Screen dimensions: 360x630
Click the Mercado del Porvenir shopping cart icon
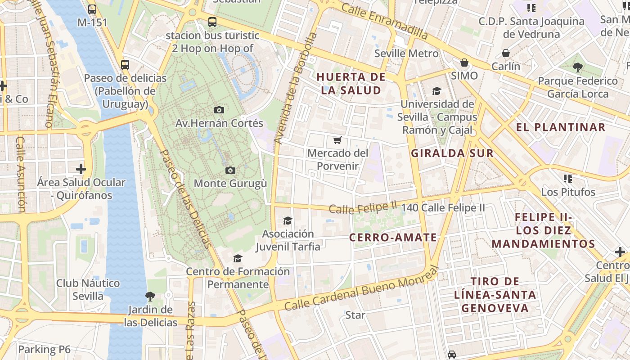(337, 140)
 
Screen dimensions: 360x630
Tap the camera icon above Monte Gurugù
(230, 170)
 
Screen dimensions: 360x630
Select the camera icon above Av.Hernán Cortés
(219, 110)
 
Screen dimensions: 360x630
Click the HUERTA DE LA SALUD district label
(351, 83)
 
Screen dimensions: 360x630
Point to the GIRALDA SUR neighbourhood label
(452, 153)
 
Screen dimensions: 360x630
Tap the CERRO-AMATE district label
(393, 237)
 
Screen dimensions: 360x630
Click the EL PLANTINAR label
(561, 127)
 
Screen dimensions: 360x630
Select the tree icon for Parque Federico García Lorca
(578, 67)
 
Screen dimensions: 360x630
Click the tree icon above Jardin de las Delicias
(150, 296)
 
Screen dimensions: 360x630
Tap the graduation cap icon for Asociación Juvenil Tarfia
(288, 220)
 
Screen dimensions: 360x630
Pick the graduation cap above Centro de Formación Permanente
(238, 258)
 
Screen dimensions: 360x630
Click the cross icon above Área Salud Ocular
(81, 169)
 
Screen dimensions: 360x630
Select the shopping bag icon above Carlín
(506, 53)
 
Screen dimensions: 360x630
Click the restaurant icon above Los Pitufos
(568, 179)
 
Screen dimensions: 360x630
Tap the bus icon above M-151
(92, 9)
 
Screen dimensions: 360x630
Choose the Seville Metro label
(406, 54)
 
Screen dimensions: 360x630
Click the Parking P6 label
(45, 349)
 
